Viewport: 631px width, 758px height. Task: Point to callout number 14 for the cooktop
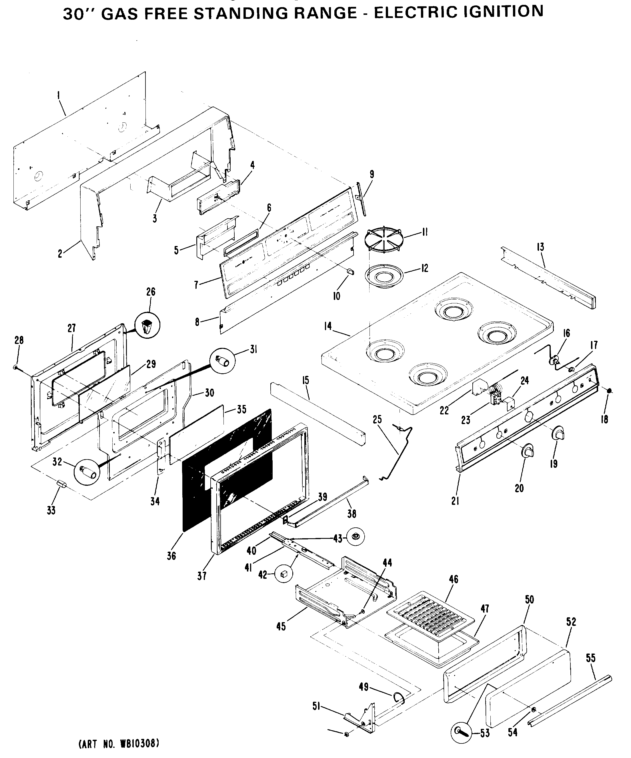pyautogui.click(x=328, y=326)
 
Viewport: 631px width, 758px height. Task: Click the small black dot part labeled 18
pyautogui.click(x=609, y=390)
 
